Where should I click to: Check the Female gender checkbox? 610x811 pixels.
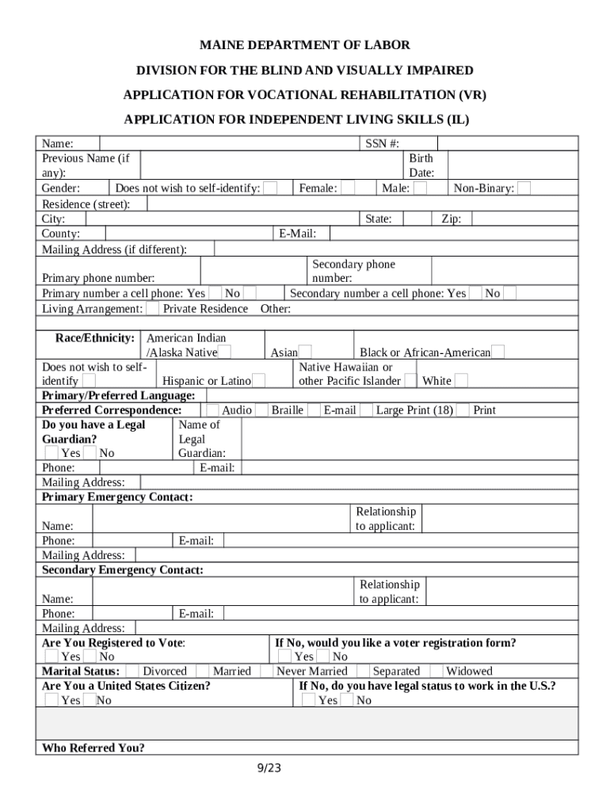tap(345, 188)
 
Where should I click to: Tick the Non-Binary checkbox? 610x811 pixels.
tap(524, 188)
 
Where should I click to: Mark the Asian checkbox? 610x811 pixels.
tap(305, 352)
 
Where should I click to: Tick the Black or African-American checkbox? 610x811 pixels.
tap(498, 352)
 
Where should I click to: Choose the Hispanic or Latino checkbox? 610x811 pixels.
tap(257, 381)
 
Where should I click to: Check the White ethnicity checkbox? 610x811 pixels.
tap(460, 381)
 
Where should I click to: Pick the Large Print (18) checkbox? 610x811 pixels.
tap(368, 410)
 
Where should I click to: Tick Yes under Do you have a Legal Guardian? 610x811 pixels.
tap(51, 453)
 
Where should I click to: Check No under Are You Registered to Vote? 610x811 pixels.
tap(90, 657)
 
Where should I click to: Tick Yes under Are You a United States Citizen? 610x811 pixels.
tap(51, 700)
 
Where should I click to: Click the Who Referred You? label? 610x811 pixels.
tap(93, 748)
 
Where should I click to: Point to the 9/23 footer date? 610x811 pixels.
tap(269, 768)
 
